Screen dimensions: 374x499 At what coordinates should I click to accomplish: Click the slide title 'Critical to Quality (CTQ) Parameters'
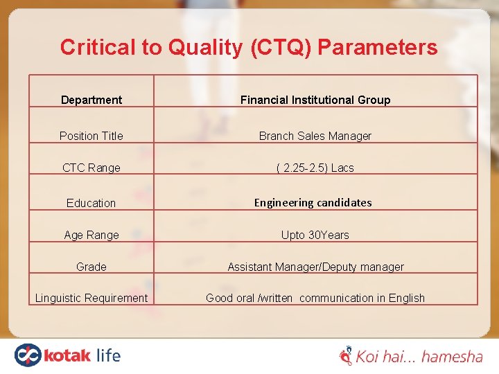click(249, 47)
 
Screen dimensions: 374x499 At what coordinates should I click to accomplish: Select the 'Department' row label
click(91, 100)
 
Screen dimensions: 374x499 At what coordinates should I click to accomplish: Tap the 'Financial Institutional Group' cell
click(315, 100)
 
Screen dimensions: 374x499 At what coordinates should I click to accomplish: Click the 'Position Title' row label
click(91, 136)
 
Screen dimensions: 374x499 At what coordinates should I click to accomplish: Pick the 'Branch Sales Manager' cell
click(315, 136)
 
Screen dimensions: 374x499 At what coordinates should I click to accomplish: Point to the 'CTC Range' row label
click(91, 168)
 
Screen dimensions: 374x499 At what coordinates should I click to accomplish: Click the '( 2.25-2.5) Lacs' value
click(315, 168)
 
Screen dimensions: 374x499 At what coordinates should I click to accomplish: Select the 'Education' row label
click(91, 203)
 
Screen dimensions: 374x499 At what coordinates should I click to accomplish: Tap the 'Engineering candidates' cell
click(313, 202)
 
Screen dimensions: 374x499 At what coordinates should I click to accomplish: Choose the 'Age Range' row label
click(91, 235)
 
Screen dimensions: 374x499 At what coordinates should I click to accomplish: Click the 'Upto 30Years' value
click(315, 235)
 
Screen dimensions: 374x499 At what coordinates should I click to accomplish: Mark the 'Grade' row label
click(91, 267)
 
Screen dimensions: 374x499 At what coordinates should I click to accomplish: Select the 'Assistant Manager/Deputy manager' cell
click(315, 267)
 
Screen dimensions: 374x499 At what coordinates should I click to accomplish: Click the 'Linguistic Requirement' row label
click(91, 298)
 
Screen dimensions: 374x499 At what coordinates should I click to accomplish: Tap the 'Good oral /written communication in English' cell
click(315, 298)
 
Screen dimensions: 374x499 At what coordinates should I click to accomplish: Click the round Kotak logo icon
click(28, 355)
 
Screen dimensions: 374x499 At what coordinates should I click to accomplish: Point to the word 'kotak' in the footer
click(67, 356)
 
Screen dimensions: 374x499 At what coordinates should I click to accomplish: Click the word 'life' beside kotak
click(108, 355)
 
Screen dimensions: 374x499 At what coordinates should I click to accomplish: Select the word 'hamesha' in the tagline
click(452, 357)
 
